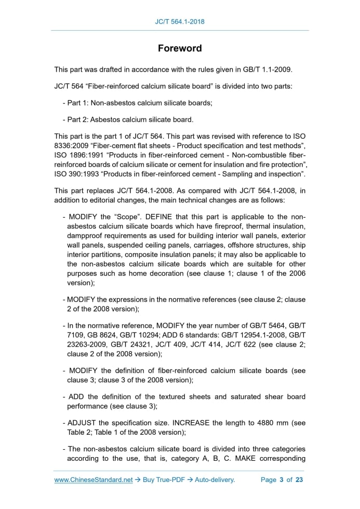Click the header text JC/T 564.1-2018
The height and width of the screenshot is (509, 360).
tap(180, 21)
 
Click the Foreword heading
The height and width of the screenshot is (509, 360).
tap(180, 48)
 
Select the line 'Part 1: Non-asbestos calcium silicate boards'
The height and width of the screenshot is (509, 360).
tap(139, 103)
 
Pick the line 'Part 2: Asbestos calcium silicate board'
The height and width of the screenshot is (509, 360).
tap(130, 120)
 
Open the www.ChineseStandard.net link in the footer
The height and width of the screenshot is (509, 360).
tap(94, 480)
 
